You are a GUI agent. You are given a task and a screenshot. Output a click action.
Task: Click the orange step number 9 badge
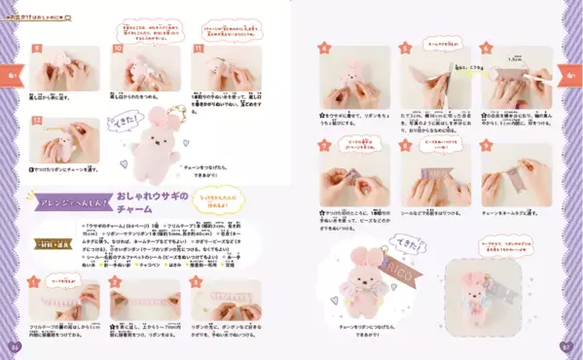coord(37,48)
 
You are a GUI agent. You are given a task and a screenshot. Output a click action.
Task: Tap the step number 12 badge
coord(37,122)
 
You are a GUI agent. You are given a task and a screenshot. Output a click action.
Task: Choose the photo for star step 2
coord(144,298)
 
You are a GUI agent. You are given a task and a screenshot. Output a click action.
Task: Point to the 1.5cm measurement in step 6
coord(514,59)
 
